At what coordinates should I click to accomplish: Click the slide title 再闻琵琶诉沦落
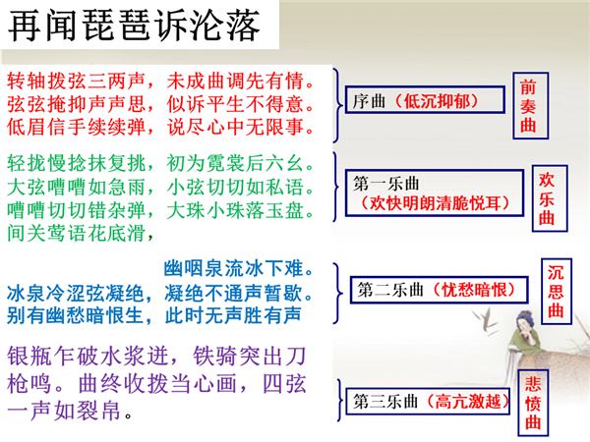(x=134, y=26)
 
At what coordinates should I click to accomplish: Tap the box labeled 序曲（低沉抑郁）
(x=425, y=99)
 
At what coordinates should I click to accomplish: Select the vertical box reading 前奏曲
(x=531, y=106)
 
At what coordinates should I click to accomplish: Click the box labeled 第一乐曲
(x=435, y=193)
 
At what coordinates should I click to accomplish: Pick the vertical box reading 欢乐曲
(x=550, y=198)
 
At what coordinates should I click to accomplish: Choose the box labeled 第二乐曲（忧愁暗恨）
(x=440, y=290)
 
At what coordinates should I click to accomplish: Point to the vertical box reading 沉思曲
(x=557, y=292)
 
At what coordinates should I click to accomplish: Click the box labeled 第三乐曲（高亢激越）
(x=428, y=402)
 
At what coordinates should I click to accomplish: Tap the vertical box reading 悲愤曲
(x=533, y=403)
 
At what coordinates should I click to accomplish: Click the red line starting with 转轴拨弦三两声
(x=161, y=82)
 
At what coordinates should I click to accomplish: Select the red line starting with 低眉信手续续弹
(x=161, y=127)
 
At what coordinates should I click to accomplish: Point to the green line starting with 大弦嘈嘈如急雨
(x=161, y=187)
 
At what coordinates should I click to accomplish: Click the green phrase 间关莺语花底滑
(x=81, y=233)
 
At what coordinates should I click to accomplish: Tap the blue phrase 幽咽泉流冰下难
(x=239, y=269)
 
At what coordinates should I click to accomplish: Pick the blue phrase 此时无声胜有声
(x=233, y=315)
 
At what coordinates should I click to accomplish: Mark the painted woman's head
(x=524, y=320)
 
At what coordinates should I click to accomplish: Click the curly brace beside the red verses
(x=337, y=106)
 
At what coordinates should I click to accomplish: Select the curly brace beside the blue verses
(x=337, y=293)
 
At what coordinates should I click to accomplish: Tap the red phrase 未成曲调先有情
(x=241, y=82)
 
